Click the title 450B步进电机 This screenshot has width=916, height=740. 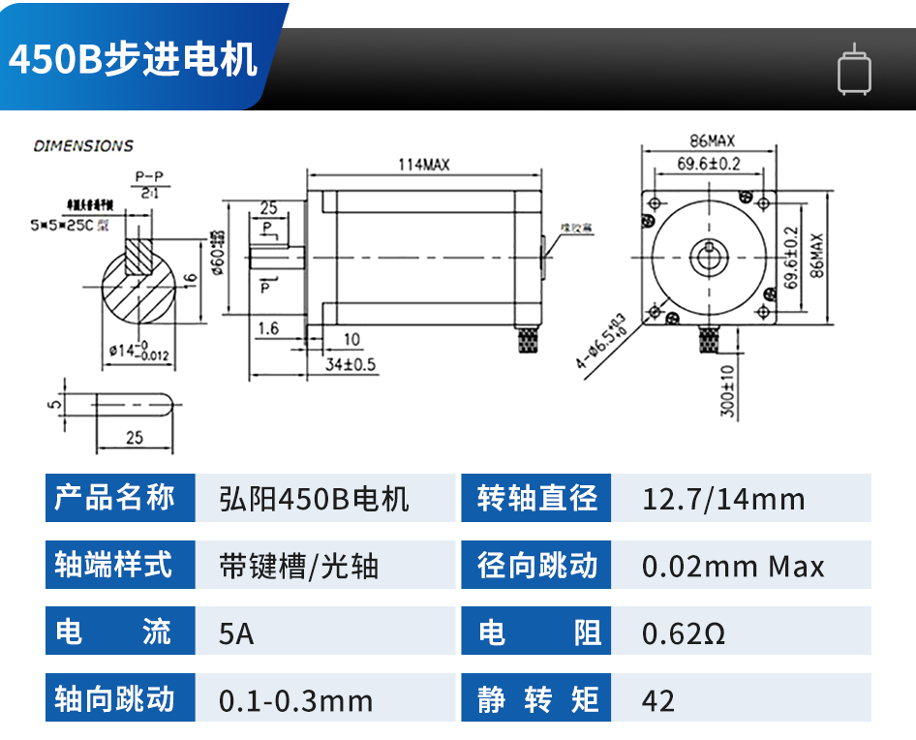click(134, 59)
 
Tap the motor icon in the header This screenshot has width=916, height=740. click(854, 70)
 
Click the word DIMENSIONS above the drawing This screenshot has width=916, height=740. click(83, 146)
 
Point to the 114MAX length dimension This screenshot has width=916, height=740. click(424, 165)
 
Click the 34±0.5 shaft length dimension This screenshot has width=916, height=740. click(350, 364)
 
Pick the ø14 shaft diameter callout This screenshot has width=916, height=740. click(139, 352)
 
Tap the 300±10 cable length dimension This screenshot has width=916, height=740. click(727, 389)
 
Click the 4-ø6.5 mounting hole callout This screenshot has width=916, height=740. click(601, 341)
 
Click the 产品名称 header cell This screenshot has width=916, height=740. click(119, 498)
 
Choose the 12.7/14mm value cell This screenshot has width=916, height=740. click(723, 499)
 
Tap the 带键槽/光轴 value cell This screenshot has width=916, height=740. click(299, 566)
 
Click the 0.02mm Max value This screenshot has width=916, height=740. click(733, 566)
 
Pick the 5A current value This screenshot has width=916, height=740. click(237, 633)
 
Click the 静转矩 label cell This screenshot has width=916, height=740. click(536, 699)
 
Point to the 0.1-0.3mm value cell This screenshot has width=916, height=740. click(295, 700)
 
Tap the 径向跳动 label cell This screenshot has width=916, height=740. click(536, 566)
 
